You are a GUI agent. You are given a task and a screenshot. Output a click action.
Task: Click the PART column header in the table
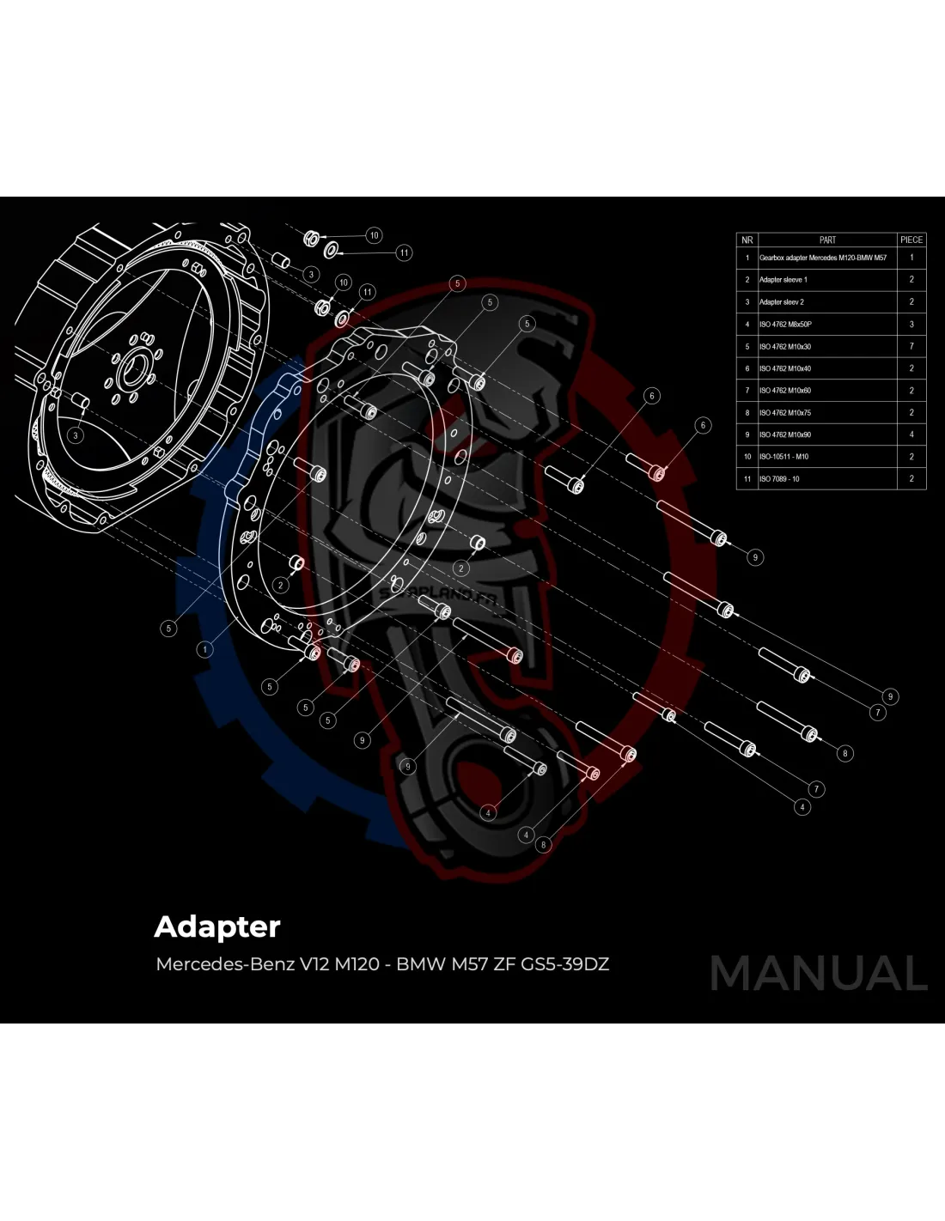pos(827,240)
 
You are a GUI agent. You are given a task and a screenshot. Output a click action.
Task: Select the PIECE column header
pos(911,240)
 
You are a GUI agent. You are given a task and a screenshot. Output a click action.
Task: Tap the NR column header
pos(747,240)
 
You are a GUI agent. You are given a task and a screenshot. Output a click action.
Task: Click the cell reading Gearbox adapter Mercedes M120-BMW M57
pos(822,258)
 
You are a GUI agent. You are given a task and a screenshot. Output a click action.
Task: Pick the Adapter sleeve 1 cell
pos(783,280)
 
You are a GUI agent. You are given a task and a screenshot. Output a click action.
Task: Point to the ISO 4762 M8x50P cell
pos(784,325)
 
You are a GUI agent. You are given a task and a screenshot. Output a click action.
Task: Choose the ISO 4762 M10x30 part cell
pos(784,347)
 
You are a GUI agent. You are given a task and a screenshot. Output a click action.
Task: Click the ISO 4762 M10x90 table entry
pos(784,434)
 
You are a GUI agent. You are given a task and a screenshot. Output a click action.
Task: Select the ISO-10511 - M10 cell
pos(783,457)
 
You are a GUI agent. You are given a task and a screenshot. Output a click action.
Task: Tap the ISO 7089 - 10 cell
pos(779,479)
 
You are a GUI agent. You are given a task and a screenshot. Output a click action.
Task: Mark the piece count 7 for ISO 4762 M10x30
pos(911,347)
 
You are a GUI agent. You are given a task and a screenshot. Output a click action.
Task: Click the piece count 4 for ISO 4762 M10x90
pos(911,434)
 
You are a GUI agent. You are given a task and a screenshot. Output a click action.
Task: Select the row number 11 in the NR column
pos(747,479)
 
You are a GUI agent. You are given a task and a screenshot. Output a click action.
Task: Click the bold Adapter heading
pos(217,927)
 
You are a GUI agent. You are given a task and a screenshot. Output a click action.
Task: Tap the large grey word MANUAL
pos(819,973)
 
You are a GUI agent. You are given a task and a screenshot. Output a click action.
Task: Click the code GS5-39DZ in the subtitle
pos(565,964)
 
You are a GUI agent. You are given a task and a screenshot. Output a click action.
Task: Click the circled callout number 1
pos(204,649)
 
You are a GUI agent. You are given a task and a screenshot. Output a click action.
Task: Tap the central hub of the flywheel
pos(132,371)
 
